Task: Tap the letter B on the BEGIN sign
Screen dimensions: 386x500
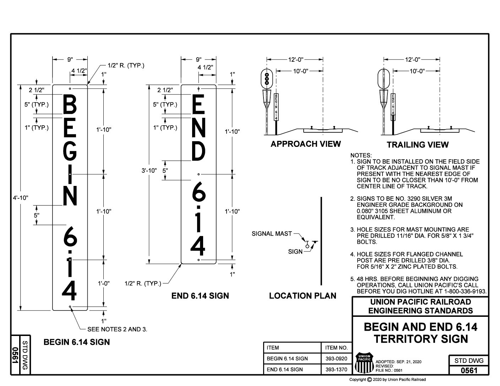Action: pos(70,105)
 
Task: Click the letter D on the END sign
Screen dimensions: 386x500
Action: pos(199,151)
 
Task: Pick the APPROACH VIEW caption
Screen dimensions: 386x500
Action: pos(305,144)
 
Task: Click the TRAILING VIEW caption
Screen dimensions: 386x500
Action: pos(417,144)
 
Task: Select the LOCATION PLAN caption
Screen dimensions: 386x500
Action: pos(303,296)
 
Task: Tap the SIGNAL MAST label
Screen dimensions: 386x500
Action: pos(272,233)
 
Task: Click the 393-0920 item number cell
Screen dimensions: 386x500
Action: pos(336,358)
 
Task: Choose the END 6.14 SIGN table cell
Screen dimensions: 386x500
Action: pos(285,369)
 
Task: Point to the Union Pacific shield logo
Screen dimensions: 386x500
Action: pos(364,362)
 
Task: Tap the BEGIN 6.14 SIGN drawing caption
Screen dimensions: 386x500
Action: pos(76,342)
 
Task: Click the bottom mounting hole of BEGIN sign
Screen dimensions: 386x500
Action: pos(70,307)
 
